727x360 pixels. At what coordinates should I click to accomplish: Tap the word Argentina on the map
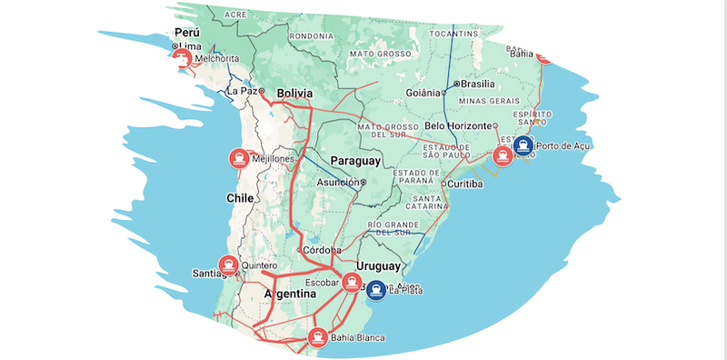(289, 296)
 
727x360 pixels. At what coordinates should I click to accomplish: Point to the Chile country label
(238, 196)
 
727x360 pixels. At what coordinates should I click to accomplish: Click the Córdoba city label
(324, 249)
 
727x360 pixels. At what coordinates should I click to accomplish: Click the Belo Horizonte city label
(458, 125)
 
